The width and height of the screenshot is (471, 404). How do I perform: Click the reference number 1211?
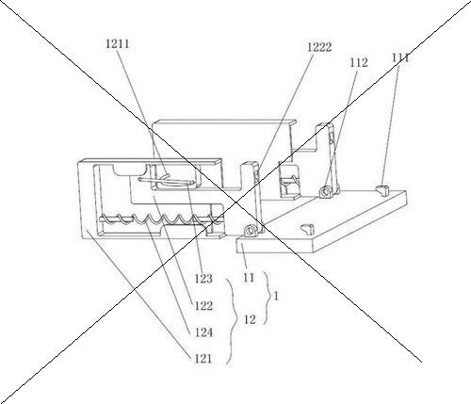(x=118, y=44)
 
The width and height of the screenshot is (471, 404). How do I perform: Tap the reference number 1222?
(x=319, y=47)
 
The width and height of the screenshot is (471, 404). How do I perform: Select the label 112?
(x=359, y=63)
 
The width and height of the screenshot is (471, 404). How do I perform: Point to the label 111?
(x=400, y=57)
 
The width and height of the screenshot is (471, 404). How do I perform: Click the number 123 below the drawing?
(x=203, y=279)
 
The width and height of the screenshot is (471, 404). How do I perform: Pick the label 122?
(x=203, y=305)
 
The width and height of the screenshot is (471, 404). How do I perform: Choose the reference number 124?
(x=203, y=332)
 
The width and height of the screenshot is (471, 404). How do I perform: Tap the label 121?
(x=203, y=359)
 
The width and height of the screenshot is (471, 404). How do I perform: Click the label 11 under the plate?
(x=249, y=278)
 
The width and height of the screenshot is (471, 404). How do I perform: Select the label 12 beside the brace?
(x=250, y=320)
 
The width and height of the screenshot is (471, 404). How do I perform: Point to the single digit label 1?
(x=276, y=296)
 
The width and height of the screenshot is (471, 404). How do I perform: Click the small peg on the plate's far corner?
(x=382, y=189)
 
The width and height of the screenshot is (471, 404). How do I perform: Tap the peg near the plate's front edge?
(x=307, y=229)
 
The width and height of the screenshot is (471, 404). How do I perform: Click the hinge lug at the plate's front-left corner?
(x=252, y=230)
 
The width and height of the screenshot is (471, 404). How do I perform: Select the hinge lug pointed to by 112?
(x=326, y=191)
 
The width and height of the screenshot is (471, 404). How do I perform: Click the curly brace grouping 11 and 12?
(x=267, y=298)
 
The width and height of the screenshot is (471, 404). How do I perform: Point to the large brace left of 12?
(x=233, y=321)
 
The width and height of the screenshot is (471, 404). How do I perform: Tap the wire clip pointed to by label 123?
(x=167, y=180)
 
